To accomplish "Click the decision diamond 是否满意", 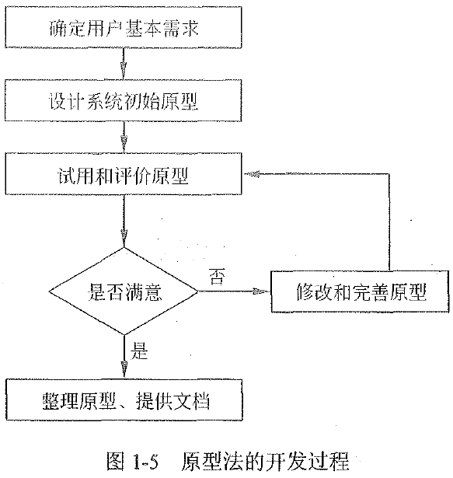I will (x=124, y=291).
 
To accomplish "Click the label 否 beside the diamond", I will (x=218, y=276).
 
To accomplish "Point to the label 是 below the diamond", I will (x=139, y=351).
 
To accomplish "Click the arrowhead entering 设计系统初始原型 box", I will (x=124, y=75).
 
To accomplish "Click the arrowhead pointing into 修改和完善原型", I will (x=264, y=292).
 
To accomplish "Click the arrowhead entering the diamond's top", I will (x=124, y=242).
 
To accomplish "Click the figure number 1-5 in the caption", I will (x=145, y=461).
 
